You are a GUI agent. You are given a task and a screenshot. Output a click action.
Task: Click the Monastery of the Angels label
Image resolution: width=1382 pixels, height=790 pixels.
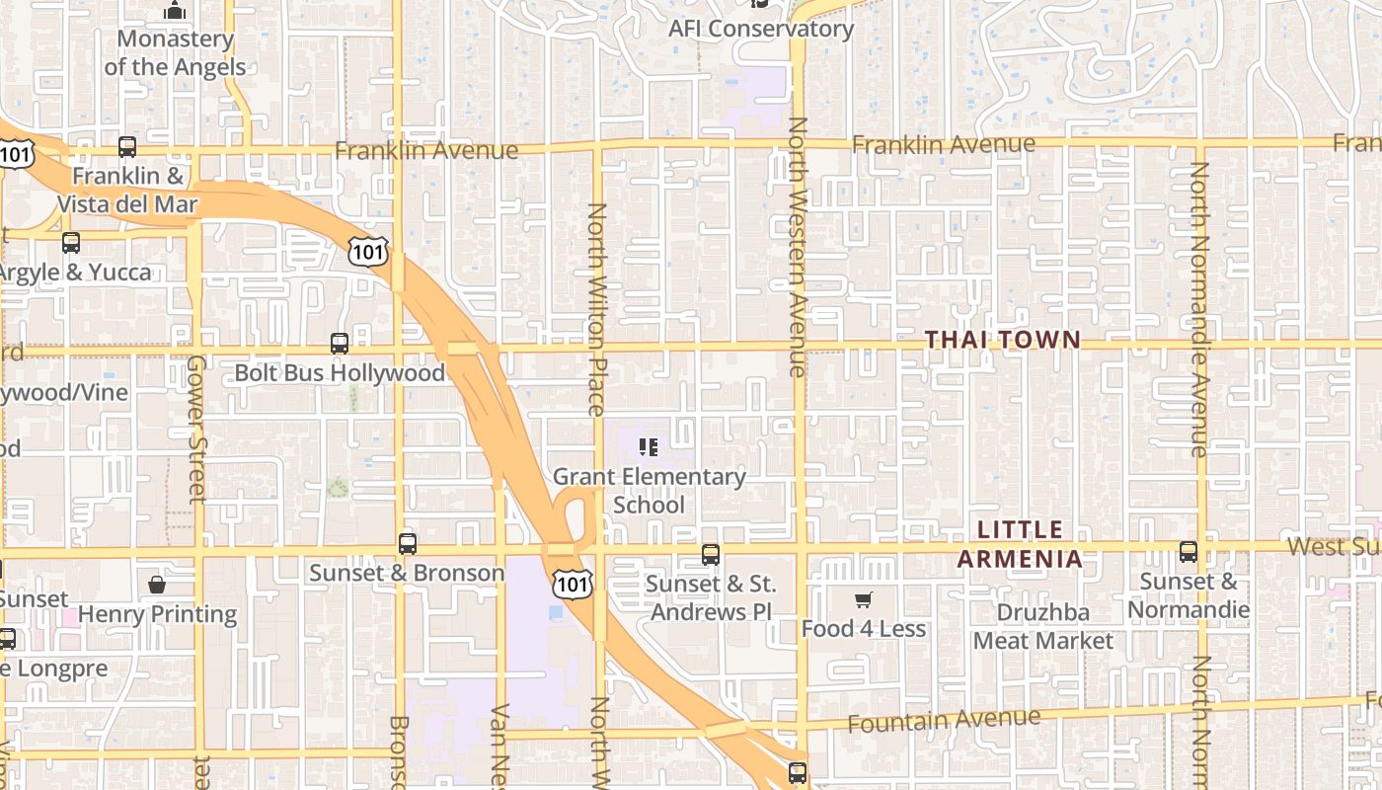(175, 53)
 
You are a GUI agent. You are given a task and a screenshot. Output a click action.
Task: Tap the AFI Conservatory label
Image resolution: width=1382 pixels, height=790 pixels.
(761, 29)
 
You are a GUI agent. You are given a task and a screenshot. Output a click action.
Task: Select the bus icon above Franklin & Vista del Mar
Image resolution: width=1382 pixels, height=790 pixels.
(127, 147)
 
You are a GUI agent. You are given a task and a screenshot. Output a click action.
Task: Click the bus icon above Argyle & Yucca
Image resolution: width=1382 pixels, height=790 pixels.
(71, 242)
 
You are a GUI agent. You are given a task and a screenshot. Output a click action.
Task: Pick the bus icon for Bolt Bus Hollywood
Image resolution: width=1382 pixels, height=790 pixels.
(340, 344)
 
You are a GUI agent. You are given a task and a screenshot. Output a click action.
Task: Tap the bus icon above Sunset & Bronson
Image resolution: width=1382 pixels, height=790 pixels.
(408, 543)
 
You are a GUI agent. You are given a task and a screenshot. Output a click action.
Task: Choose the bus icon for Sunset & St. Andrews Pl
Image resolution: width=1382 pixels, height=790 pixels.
(711, 554)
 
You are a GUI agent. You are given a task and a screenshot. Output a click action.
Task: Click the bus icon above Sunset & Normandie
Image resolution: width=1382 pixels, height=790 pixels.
(1189, 552)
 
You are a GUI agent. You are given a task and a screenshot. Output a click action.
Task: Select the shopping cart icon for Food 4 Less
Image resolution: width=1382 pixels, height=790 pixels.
(864, 599)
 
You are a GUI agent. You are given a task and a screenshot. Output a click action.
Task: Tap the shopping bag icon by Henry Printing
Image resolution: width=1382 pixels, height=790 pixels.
(157, 585)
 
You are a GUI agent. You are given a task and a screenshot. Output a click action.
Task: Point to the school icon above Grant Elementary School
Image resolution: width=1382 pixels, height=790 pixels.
(649, 447)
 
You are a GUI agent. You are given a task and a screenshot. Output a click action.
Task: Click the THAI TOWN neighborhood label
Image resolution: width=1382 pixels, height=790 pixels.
(1003, 340)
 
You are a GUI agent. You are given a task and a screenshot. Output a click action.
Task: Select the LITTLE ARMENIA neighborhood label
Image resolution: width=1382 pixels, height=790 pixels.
(1020, 544)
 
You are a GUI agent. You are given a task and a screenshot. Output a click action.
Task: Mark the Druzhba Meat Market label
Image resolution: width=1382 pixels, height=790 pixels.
(1043, 626)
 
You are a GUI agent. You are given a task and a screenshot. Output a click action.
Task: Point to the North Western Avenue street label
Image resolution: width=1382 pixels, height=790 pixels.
(797, 247)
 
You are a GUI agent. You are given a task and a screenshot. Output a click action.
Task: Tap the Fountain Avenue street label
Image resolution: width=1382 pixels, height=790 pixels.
(944, 721)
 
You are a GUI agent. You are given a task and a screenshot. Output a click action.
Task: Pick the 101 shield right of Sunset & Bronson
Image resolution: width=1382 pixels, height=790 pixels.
(572, 582)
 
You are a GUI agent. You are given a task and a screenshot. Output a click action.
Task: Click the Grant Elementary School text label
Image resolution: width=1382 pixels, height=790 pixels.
(649, 491)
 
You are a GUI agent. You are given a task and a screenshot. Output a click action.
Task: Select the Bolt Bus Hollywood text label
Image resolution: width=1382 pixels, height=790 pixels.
(340, 373)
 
